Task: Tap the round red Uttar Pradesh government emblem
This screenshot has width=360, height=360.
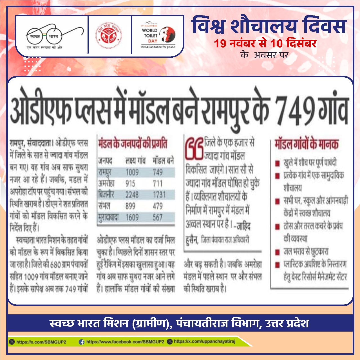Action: coord(109,35)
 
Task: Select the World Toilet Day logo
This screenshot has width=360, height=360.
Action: coord(158,35)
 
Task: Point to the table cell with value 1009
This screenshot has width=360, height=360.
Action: coord(132,172)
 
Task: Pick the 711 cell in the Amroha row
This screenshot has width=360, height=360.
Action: coord(158,184)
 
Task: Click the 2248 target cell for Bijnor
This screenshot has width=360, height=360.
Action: coord(132,195)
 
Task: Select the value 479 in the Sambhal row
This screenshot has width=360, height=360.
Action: coord(158,206)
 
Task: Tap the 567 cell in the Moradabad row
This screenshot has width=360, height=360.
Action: coord(158,217)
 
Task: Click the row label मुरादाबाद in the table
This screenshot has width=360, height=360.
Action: coord(108,217)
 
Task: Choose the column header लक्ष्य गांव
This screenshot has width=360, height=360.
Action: coord(135,161)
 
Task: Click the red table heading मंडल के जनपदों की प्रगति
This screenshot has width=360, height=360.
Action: coord(132,144)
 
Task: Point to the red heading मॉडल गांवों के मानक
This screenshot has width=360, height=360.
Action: coord(307,144)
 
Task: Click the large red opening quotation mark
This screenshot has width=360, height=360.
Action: coord(194,148)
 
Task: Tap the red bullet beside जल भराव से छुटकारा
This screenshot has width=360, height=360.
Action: coord(278,252)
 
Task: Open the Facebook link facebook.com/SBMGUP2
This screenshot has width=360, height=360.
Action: coord(125,342)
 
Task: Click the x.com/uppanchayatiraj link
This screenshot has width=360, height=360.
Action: coord(204,341)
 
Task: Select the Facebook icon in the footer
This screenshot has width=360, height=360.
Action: coord(82,342)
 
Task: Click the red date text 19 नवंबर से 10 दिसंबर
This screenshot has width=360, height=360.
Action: coord(265,44)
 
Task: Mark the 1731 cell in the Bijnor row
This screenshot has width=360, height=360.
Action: coord(159,195)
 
